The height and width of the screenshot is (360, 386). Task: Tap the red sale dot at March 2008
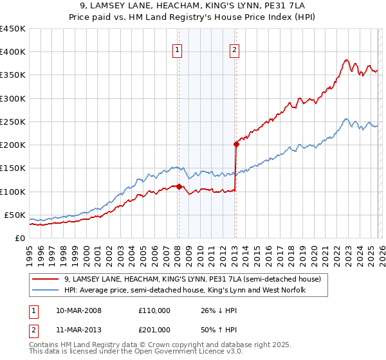[x=179, y=186]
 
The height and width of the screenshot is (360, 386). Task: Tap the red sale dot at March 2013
[x=236, y=145]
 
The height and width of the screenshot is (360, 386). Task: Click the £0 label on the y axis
[x=19, y=238]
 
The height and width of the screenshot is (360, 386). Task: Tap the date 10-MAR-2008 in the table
[x=78, y=310]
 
